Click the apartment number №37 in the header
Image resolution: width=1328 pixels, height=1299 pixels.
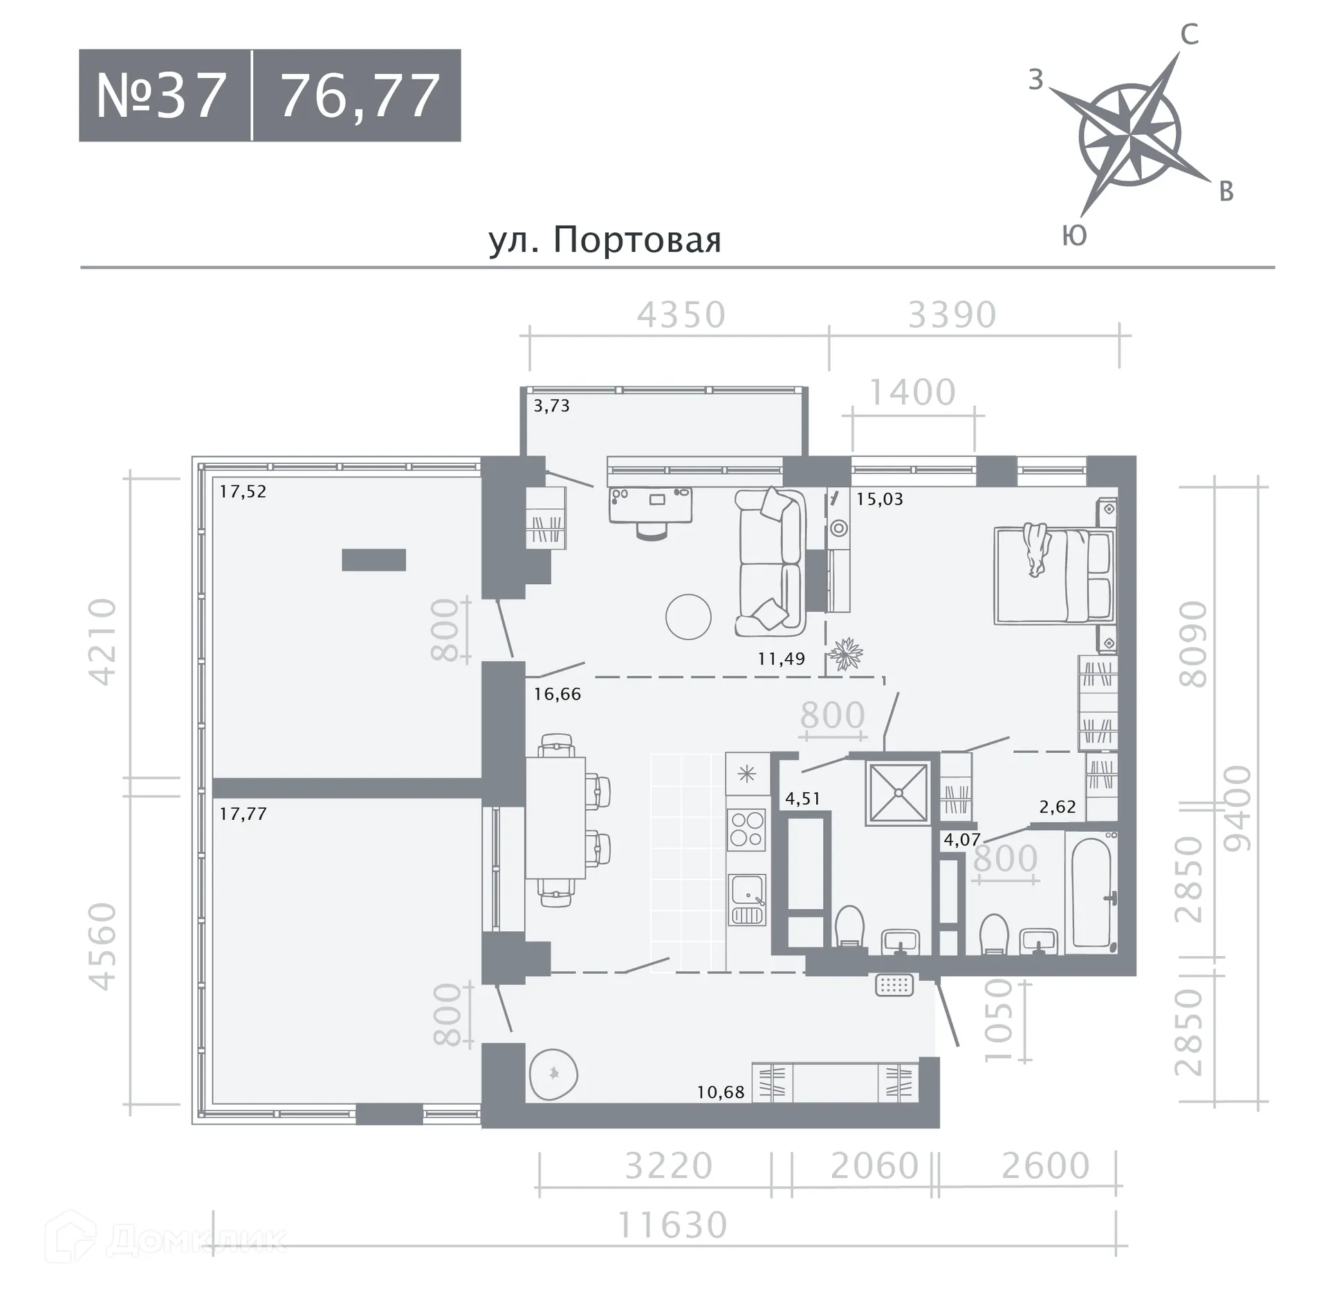pos(161,95)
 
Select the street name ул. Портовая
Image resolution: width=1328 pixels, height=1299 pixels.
pos(605,241)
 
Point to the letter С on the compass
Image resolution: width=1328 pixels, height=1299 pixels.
pos(1189,34)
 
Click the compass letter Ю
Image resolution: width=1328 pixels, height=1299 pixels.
pos(1074,236)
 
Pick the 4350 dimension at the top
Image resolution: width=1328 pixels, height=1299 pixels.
pos(681,315)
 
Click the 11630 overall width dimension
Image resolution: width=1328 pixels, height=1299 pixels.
pos(672,1225)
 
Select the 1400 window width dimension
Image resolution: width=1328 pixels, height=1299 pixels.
pos(912,392)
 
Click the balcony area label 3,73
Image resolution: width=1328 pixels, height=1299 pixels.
pos(551,406)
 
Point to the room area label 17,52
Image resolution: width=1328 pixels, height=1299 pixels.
pos(243,492)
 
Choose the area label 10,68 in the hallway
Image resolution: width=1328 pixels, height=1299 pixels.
pos(721,1092)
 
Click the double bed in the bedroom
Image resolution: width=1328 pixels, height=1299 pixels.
pos(1054,575)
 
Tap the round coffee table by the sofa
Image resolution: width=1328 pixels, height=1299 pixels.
pos(688,617)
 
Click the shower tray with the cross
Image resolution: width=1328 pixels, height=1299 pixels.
pos(898,794)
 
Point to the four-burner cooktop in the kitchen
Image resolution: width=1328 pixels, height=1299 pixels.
pos(746,830)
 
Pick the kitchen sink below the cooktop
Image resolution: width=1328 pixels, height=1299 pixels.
pos(746,899)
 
